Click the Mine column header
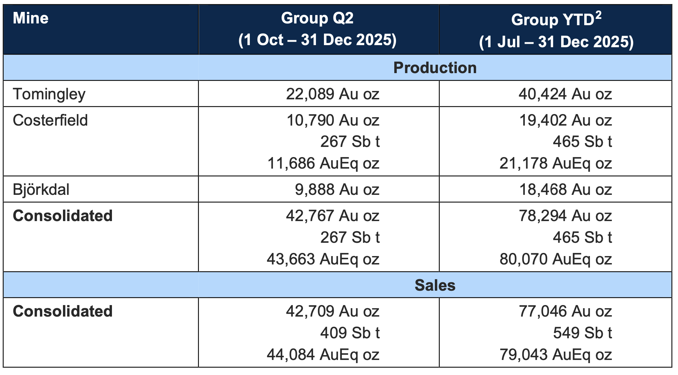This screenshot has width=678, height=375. pyautogui.click(x=30, y=18)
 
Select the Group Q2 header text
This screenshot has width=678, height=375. pyautogui.click(x=317, y=18)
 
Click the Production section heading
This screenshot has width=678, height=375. pyautogui.click(x=435, y=68)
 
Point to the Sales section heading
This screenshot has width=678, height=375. pyautogui.click(x=435, y=285)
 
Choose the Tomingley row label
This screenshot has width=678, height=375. pyautogui.click(x=49, y=94)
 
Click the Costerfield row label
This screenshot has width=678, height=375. pyautogui.click(x=50, y=120)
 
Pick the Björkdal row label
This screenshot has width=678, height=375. pyautogui.click(x=41, y=189)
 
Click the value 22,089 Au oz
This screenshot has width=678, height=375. pyautogui.click(x=333, y=94)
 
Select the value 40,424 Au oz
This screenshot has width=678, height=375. pyautogui.click(x=565, y=94)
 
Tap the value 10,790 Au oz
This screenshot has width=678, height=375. pyautogui.click(x=333, y=120)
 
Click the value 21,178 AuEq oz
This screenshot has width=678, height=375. pyautogui.click(x=556, y=163)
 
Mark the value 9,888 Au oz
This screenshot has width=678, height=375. pyautogui.click(x=337, y=190)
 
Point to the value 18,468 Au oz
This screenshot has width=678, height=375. pyautogui.click(x=566, y=190)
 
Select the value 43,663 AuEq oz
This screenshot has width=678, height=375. pyautogui.click(x=323, y=259)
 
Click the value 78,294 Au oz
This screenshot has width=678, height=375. pyautogui.click(x=565, y=216)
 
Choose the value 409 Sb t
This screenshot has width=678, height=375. pyautogui.click(x=350, y=333)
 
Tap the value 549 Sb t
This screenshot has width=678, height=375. pyautogui.click(x=582, y=333)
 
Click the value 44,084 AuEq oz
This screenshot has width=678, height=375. pyautogui.click(x=323, y=355)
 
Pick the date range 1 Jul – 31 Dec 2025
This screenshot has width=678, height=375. pyautogui.click(x=556, y=42)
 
